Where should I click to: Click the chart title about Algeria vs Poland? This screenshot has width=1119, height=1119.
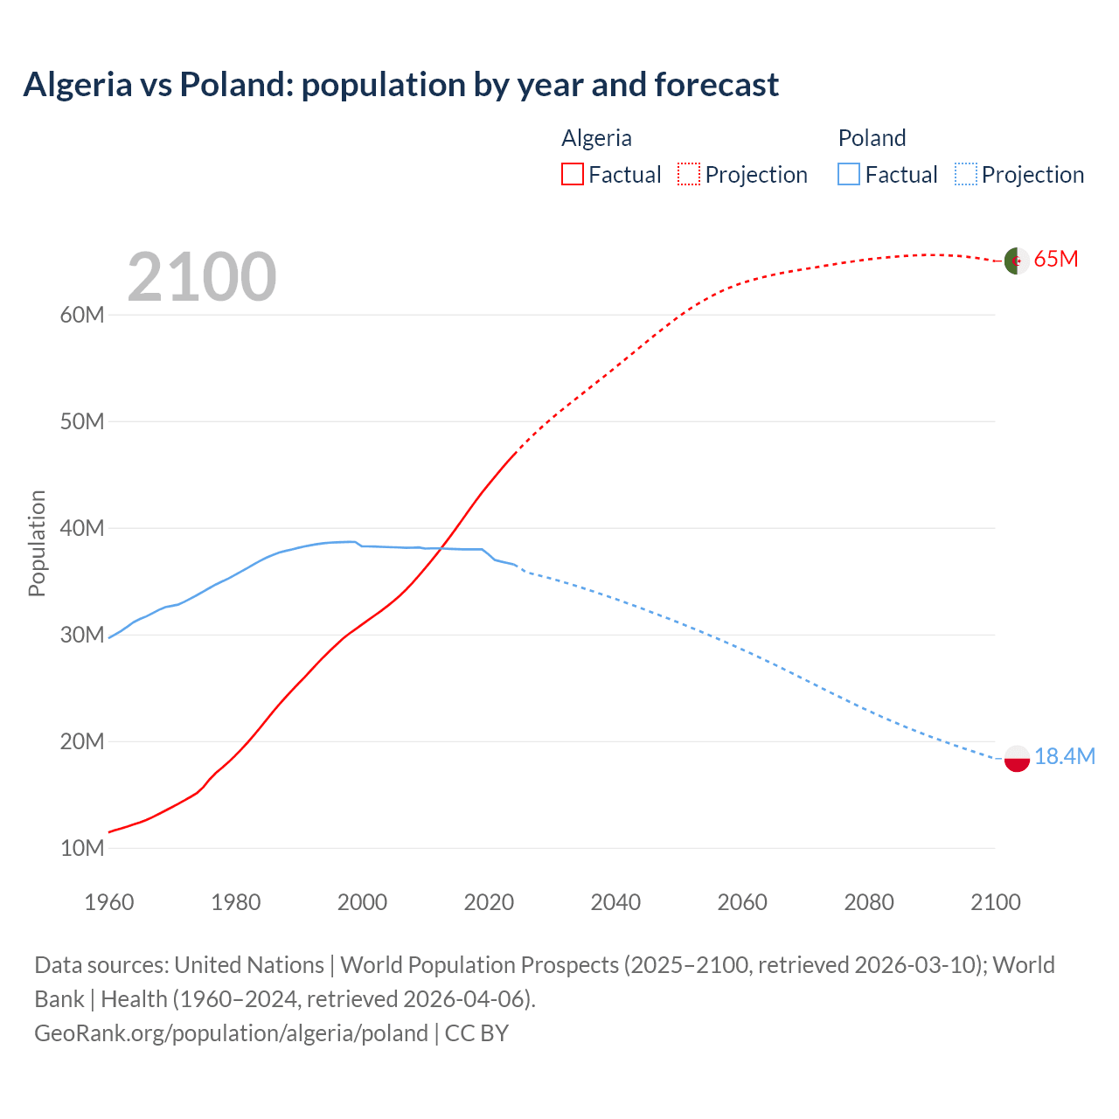(400, 85)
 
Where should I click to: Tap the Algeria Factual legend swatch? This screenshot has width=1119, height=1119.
(572, 174)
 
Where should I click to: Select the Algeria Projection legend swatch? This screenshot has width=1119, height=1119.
(688, 174)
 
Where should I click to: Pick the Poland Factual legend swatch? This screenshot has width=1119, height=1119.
(848, 174)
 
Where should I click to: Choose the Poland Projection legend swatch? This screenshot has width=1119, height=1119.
(965, 174)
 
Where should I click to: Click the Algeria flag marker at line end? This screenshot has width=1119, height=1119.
(1016, 261)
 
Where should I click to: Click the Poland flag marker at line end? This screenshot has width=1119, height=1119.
(1017, 758)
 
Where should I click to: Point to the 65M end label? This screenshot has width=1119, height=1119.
(1056, 260)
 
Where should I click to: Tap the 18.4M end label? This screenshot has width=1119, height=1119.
(1064, 757)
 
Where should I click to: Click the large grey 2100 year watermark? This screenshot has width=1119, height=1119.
(202, 277)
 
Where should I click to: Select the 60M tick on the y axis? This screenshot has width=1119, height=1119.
(82, 315)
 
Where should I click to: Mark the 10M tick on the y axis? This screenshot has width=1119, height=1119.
(82, 848)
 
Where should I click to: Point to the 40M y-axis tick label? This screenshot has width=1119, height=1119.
(82, 528)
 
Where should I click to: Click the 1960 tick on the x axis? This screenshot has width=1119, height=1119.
(109, 902)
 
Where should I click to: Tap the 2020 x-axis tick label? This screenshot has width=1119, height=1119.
(489, 902)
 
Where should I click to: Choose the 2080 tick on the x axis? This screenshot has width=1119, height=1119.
(868, 902)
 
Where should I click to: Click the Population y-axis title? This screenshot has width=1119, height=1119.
(37, 543)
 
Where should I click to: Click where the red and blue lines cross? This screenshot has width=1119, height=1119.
(442, 548)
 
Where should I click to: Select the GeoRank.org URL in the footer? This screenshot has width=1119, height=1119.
(231, 1033)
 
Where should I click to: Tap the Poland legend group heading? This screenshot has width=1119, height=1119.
(872, 138)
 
